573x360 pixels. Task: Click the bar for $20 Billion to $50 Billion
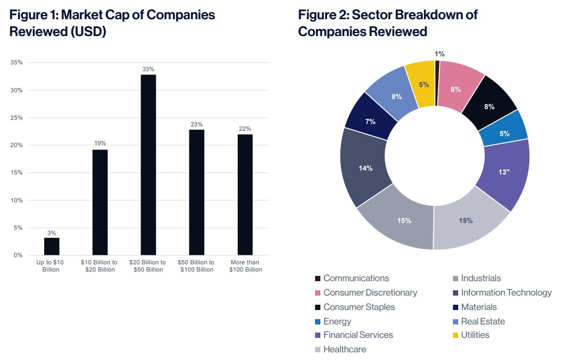coord(148,165)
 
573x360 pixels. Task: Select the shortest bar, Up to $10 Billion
coord(51,246)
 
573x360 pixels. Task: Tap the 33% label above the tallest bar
coord(148,69)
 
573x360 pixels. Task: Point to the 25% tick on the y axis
coord(16,118)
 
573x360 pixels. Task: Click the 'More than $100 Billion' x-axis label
coord(245,266)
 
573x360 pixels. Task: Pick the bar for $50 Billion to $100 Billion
coord(196,192)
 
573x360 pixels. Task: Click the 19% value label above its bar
coord(100,143)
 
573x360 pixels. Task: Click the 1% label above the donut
coord(439,54)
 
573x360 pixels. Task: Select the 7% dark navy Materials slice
coord(370,117)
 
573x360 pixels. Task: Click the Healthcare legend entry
coord(341,349)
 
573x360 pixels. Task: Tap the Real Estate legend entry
coord(479,322)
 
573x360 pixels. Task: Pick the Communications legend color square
coord(317,278)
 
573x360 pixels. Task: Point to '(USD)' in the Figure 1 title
coord(88,32)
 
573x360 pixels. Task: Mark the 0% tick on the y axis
coord(18,255)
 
